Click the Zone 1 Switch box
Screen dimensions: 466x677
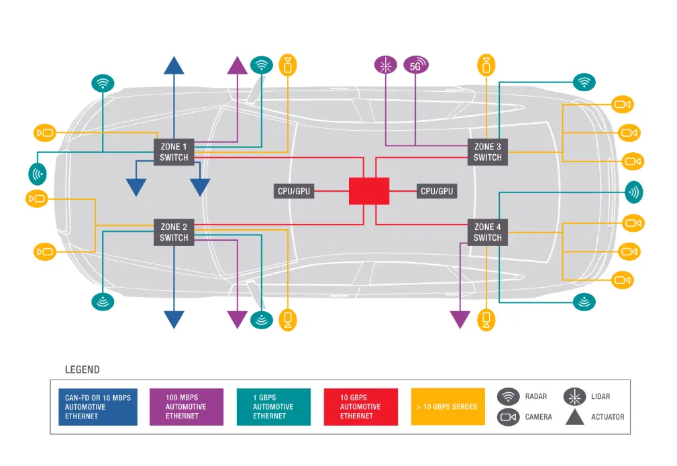(174, 152)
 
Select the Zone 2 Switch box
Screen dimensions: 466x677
(174, 232)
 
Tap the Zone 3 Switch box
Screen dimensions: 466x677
(488, 152)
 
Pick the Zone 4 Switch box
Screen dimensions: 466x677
(488, 232)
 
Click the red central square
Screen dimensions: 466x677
(369, 191)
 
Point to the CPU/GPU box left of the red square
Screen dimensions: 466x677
(294, 191)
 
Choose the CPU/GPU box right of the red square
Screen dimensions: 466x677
(437, 191)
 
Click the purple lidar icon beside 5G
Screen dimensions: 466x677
(385, 66)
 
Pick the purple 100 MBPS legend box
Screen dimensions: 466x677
(186, 407)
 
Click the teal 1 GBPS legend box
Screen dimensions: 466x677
(273, 407)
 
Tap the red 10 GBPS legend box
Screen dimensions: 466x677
(360, 407)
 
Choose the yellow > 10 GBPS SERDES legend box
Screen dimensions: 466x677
(448, 407)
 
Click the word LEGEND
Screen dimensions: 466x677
(82, 369)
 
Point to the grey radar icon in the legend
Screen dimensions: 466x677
(509, 397)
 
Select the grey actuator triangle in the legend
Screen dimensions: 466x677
(574, 417)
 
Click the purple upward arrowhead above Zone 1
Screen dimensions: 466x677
(238, 66)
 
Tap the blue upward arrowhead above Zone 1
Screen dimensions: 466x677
(174, 65)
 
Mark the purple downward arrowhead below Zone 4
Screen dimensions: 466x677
(460, 320)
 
